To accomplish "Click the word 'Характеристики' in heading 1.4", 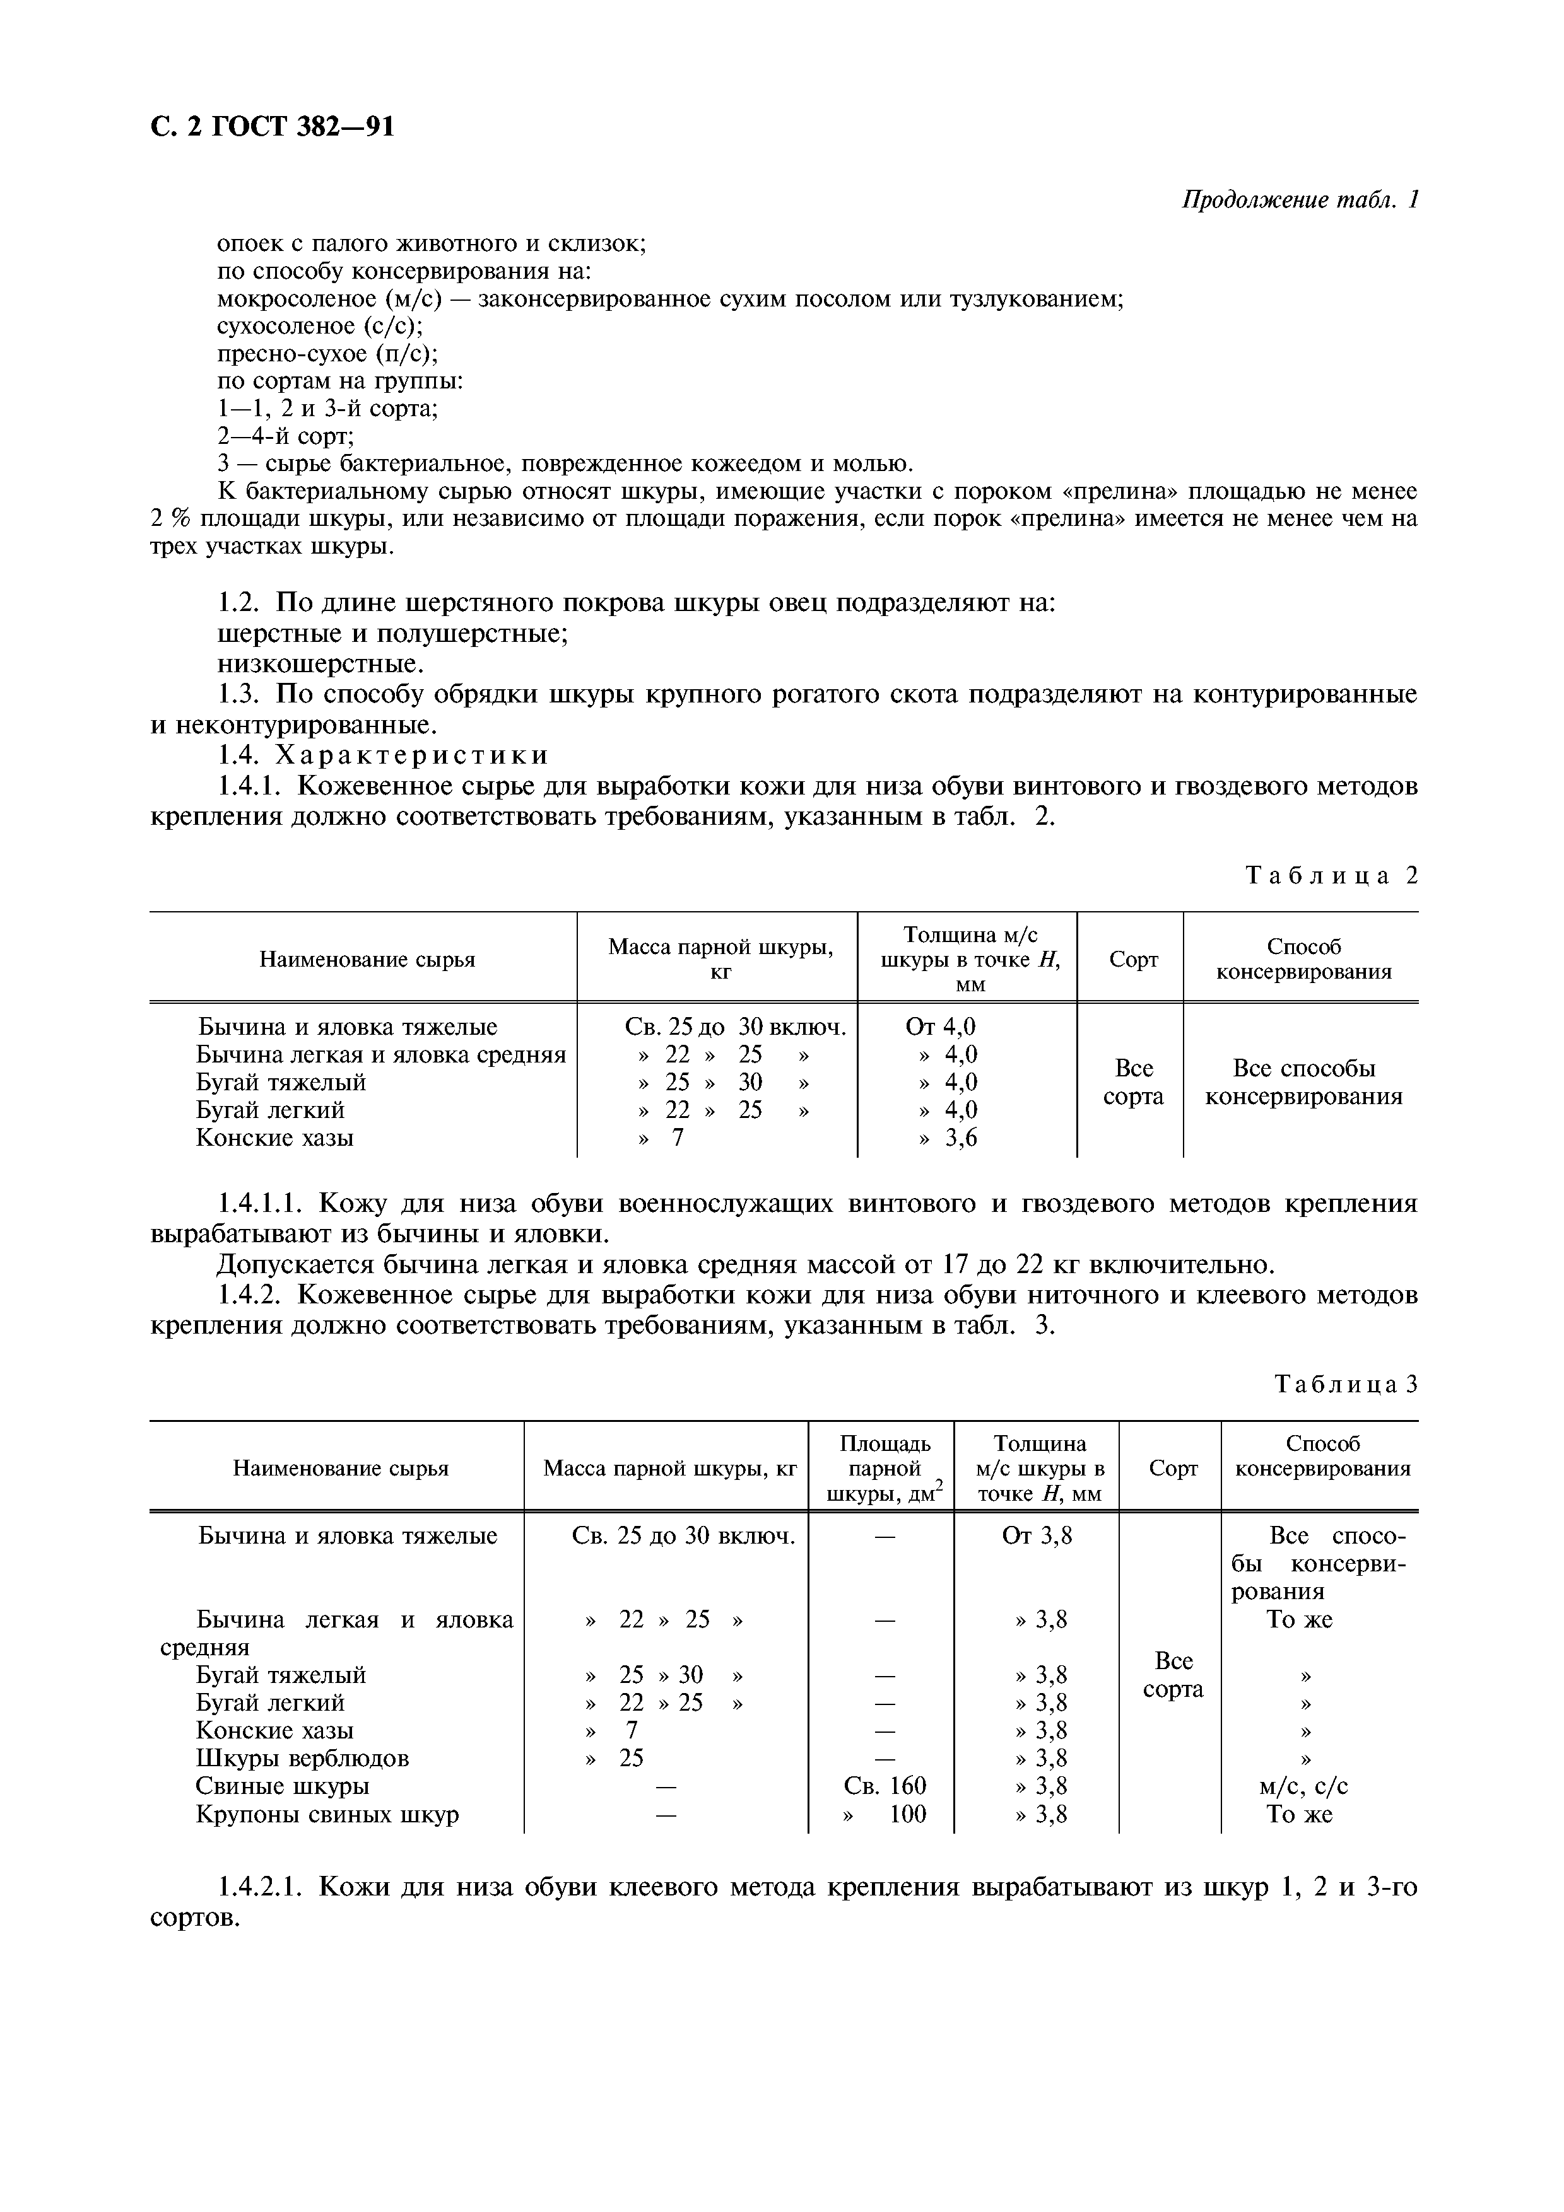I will click(413, 754).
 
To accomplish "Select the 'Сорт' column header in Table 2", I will click(1133, 960).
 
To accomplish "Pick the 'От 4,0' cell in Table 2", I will click(941, 1027).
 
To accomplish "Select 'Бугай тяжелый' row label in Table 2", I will click(281, 1082).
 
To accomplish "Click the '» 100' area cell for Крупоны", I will click(885, 1814).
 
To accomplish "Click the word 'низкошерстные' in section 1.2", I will click(319, 664).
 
